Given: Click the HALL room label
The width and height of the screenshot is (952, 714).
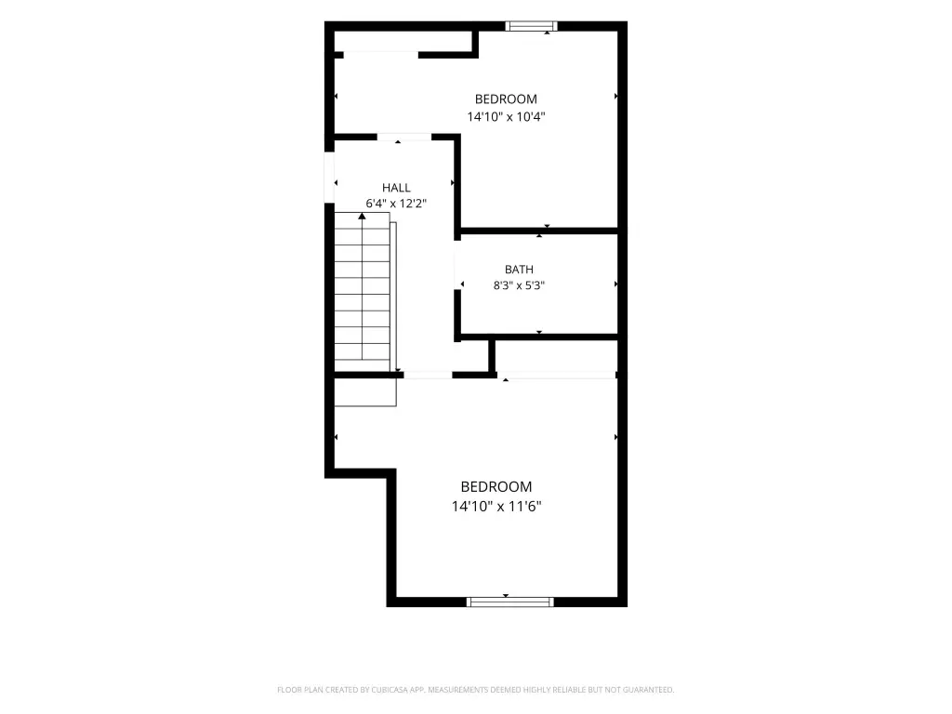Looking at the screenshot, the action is tap(396, 188).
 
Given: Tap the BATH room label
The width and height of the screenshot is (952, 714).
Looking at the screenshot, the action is tap(519, 269).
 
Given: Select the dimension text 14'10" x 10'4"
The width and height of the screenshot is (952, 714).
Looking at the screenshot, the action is tap(506, 116).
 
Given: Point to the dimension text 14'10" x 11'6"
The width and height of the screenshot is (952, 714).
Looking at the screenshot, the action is tap(496, 506).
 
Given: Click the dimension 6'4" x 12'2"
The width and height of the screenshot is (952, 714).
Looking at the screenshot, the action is tap(396, 204).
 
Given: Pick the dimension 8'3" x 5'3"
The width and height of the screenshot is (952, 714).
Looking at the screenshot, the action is tap(519, 285).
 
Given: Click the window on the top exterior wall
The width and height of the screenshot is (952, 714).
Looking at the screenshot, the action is tap(531, 26).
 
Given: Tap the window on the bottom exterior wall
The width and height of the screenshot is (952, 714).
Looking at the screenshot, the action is tap(510, 602).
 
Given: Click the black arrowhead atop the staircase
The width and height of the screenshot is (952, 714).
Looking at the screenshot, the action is tap(362, 216).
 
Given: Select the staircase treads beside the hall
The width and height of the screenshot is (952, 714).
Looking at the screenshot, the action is tap(363, 291).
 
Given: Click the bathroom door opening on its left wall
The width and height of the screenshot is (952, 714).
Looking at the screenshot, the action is tap(457, 265).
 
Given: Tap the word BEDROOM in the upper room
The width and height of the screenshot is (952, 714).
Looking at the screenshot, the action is tap(506, 99).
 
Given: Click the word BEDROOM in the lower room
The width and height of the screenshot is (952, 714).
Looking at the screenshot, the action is tap(496, 486).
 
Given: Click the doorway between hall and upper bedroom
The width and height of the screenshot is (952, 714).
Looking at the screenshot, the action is tap(404, 138).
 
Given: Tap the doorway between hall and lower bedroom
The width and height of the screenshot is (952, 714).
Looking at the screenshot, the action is tap(428, 376).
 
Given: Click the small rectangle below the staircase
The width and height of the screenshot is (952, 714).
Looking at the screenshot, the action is tap(365, 392).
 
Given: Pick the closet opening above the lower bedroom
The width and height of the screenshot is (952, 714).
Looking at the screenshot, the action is tap(557, 376).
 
